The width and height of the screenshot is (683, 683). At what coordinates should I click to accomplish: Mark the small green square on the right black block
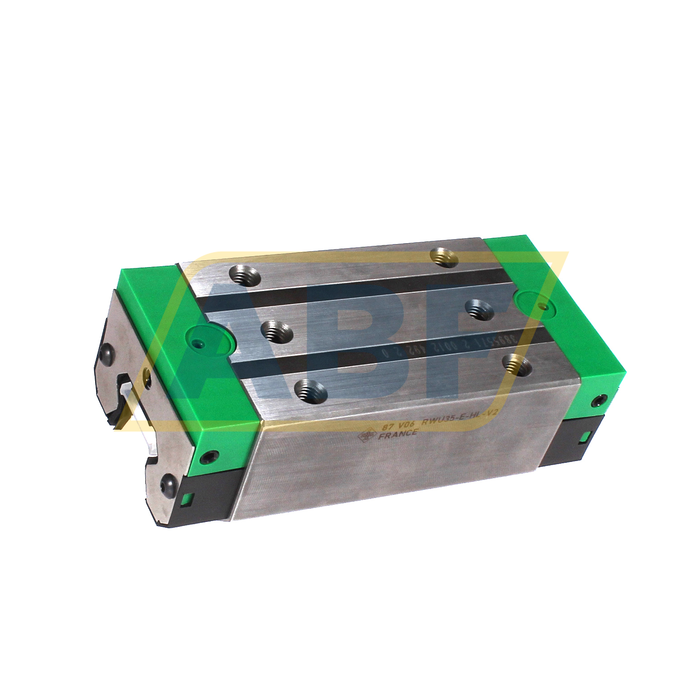tap(586, 436)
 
